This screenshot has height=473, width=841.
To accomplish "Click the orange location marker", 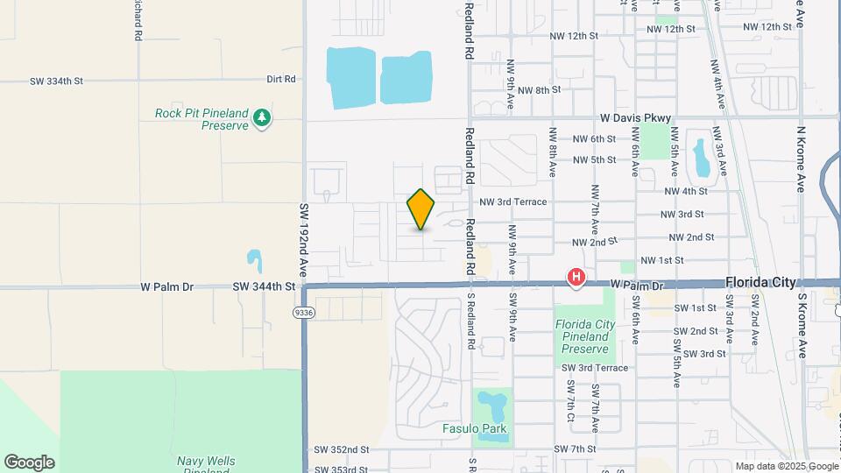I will [x=421, y=209].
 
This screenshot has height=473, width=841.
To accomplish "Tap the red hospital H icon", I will [x=576, y=278].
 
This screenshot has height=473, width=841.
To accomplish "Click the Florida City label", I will [x=760, y=283].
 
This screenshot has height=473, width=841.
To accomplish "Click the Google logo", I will [x=29, y=462].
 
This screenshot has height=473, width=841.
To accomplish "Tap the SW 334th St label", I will [x=56, y=81].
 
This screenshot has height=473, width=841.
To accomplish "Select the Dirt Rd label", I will [x=281, y=79].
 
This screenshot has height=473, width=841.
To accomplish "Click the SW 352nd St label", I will [x=342, y=450].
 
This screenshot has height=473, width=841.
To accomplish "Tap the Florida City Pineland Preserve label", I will [x=585, y=335].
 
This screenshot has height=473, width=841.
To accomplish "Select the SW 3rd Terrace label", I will [x=595, y=368].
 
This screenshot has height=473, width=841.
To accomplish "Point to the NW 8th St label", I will [x=539, y=90].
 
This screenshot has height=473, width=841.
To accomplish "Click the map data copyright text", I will [x=786, y=466].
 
